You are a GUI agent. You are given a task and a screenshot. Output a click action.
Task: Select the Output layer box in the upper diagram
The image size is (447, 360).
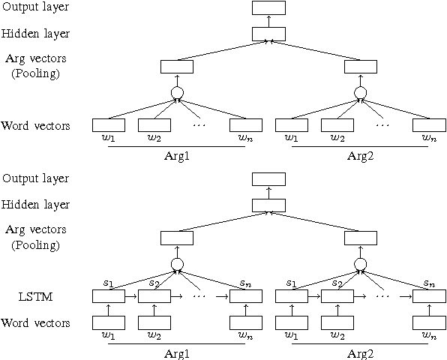pyautogui.click(x=268, y=8)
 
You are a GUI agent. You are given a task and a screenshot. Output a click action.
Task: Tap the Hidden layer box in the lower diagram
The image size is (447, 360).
pyautogui.click(x=268, y=204)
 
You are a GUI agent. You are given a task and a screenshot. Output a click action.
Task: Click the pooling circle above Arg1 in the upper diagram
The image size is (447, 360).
pyautogui.click(x=177, y=93)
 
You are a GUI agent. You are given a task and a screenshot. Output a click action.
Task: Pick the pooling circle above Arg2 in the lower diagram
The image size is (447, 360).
pyautogui.click(x=360, y=264)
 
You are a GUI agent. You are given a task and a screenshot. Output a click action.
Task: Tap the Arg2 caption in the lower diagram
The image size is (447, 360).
pyautogui.click(x=360, y=351)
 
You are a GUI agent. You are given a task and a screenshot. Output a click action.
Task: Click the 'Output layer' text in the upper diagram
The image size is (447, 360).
pyautogui.click(x=35, y=8)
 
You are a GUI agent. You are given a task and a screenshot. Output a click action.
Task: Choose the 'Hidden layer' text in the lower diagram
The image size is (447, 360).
pyautogui.click(x=35, y=204)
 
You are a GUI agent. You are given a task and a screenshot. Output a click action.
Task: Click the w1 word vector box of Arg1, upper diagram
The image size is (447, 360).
pyautogui.click(x=108, y=125)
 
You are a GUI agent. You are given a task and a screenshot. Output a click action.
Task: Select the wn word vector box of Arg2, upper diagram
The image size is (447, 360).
pyautogui.click(x=429, y=125)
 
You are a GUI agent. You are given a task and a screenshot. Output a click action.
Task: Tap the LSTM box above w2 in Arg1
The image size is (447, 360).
pyautogui.click(x=154, y=297)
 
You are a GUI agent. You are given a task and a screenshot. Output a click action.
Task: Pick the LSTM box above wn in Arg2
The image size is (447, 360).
pyautogui.click(x=429, y=297)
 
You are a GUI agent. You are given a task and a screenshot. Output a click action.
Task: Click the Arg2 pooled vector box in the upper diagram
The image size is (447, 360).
pyautogui.click(x=360, y=67)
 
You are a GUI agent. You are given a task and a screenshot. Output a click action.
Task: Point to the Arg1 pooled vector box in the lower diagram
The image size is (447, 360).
pyautogui.click(x=177, y=238)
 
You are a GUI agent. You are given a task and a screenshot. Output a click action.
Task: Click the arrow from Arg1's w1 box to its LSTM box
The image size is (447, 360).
pyautogui.click(x=108, y=310)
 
